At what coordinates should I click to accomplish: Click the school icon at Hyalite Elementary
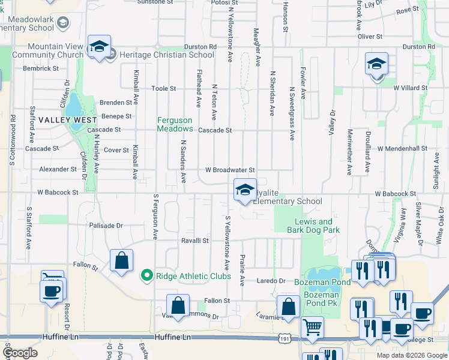click(x=244, y=191)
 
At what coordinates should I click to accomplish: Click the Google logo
click(x=19, y=353)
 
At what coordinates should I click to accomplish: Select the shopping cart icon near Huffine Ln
click(x=313, y=328)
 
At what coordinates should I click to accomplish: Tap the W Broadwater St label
click(x=231, y=170)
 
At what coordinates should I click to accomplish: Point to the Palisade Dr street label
click(x=106, y=226)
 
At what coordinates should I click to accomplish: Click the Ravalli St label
click(x=194, y=241)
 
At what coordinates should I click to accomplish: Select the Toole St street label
click(x=163, y=88)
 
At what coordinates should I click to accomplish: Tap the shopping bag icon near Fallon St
click(x=121, y=262)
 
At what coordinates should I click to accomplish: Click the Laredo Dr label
click(x=271, y=280)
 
